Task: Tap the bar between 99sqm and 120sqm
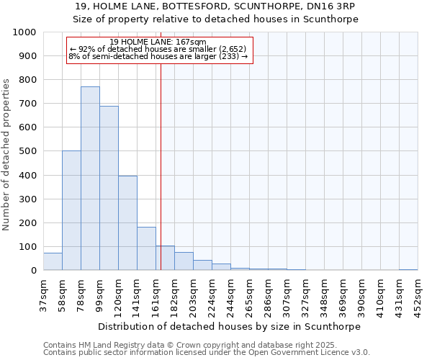(x=109, y=188)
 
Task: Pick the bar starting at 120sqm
(x=127, y=223)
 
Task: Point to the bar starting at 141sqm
(x=146, y=248)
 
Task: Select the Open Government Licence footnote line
(x=207, y=353)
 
